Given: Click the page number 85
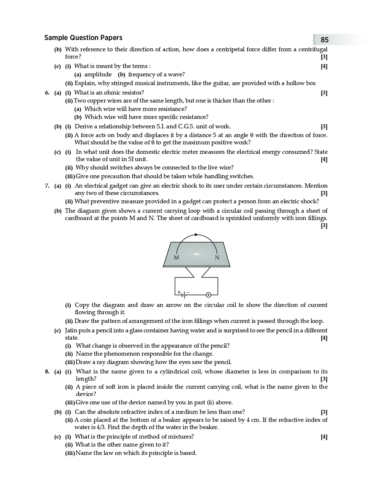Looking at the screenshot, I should (x=324, y=40).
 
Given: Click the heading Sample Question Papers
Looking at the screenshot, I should (x=83, y=38).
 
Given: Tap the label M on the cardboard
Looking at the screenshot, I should (x=176, y=257).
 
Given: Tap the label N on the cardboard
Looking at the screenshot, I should (x=217, y=257).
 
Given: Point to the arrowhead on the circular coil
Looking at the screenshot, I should (x=196, y=235).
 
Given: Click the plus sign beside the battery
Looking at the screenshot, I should (x=179, y=292).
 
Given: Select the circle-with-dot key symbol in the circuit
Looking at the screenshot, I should (x=208, y=295).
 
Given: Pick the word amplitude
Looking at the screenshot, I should (x=98, y=75).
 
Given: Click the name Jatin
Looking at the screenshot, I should (x=72, y=331).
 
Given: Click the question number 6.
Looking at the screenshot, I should (x=47, y=93).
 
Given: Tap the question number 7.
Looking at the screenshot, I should (x=47, y=186).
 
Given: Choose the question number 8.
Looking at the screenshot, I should (x=47, y=372).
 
